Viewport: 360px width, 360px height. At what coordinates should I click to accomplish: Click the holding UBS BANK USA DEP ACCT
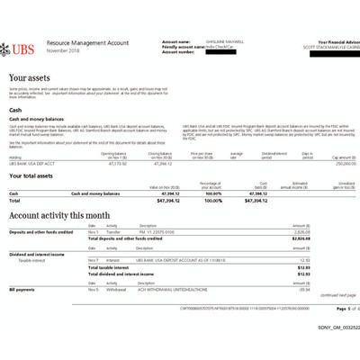pos(31,164)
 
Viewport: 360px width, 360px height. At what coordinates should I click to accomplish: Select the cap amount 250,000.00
pos(335,164)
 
